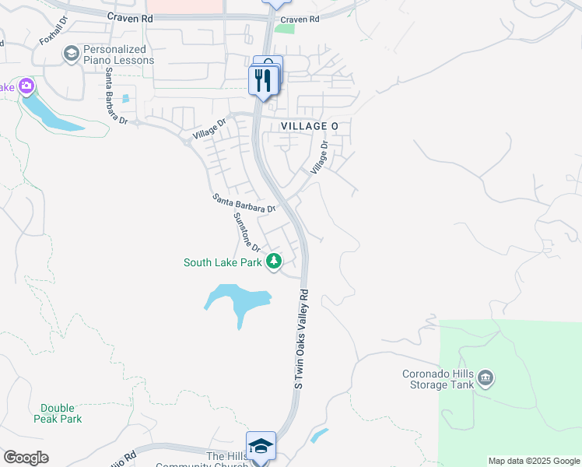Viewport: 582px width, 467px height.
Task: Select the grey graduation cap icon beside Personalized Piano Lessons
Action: (72, 53)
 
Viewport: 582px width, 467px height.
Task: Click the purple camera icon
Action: (26, 86)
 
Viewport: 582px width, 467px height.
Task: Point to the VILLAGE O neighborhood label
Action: (309, 126)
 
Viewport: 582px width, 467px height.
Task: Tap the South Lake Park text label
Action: (223, 262)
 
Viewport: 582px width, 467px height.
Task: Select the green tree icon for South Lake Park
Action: (273, 262)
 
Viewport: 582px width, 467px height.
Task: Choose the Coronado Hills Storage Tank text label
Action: (436, 379)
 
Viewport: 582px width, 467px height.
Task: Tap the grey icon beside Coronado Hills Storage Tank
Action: (486, 379)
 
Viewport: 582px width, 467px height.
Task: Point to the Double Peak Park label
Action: (58, 413)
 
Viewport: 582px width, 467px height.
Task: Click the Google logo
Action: (26, 458)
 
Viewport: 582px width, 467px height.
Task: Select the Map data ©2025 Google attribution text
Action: (534, 461)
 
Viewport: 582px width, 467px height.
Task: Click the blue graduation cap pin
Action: (261, 447)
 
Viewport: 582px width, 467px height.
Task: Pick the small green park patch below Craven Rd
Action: (285, 29)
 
